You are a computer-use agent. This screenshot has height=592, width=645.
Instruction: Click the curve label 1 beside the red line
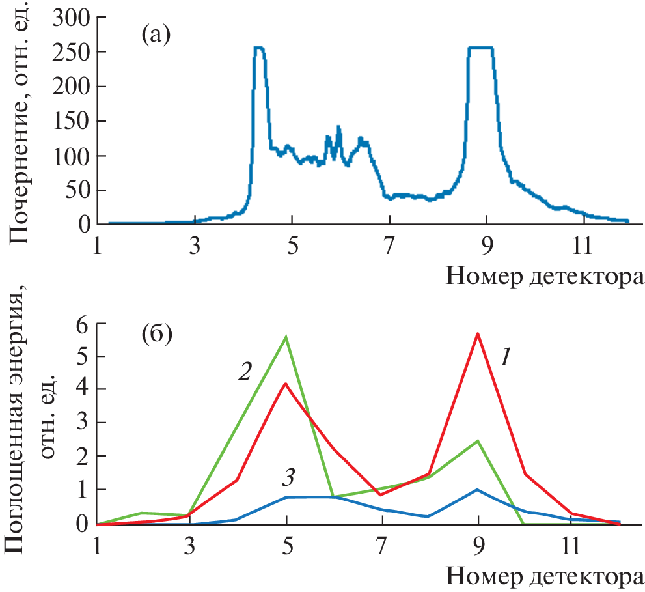pyautogui.click(x=505, y=356)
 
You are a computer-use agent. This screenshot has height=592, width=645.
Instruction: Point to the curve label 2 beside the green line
pyautogui.click(x=245, y=372)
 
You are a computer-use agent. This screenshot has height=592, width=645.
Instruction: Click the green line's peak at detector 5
pyautogui.click(x=286, y=337)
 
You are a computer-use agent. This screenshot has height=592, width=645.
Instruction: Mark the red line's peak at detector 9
pyautogui.click(x=478, y=333)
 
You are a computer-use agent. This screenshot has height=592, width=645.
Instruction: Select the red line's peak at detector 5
pyautogui.click(x=286, y=384)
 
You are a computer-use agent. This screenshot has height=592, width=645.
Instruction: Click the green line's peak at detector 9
pyautogui.click(x=478, y=441)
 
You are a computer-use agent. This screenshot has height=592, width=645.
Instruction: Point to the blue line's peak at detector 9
pyautogui.click(x=478, y=490)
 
